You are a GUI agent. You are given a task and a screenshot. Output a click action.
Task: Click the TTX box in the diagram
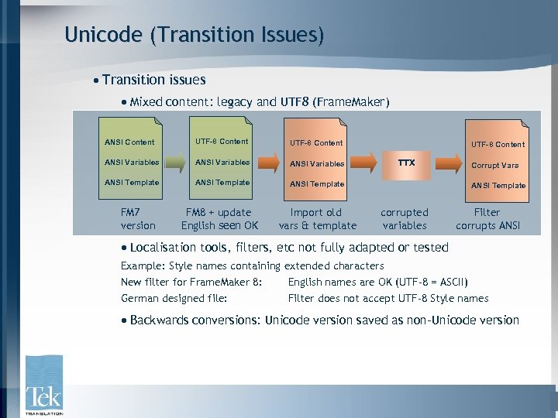pos(406,163)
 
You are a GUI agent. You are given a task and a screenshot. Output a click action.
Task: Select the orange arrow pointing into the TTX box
pos(367,163)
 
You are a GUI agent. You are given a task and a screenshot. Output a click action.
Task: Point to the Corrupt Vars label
pos(494,166)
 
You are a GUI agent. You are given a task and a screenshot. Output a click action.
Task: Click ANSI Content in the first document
pos(129,142)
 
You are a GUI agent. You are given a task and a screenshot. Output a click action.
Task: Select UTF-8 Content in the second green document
pos(222,142)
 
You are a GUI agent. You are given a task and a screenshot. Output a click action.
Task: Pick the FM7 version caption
pos(138,219)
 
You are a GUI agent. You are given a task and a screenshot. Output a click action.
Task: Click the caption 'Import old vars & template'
pos(317,219)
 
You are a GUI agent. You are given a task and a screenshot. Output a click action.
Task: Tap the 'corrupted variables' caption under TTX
pos(405,219)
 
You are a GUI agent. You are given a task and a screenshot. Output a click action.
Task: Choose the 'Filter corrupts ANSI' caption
pos(487,219)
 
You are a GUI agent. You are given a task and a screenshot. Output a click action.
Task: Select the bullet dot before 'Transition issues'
pos(95,81)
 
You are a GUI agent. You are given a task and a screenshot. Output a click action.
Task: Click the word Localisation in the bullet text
pos(166,248)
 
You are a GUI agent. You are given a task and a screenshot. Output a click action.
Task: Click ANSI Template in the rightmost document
pos(498,186)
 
